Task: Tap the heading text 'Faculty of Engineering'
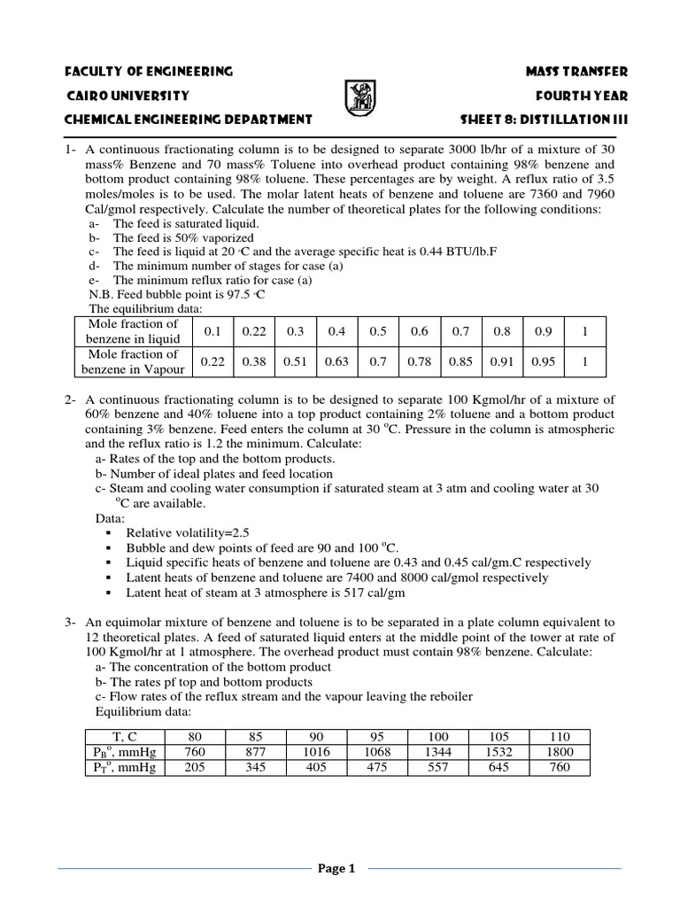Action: (150, 71)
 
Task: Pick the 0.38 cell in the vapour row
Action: (255, 361)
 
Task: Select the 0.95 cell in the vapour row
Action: (543, 361)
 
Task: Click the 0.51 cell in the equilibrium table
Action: (296, 361)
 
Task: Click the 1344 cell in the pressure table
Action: (438, 752)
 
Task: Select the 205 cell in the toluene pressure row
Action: (196, 768)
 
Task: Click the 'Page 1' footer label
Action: (336, 869)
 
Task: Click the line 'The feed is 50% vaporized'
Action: (183, 238)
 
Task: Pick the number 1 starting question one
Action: (67, 151)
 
